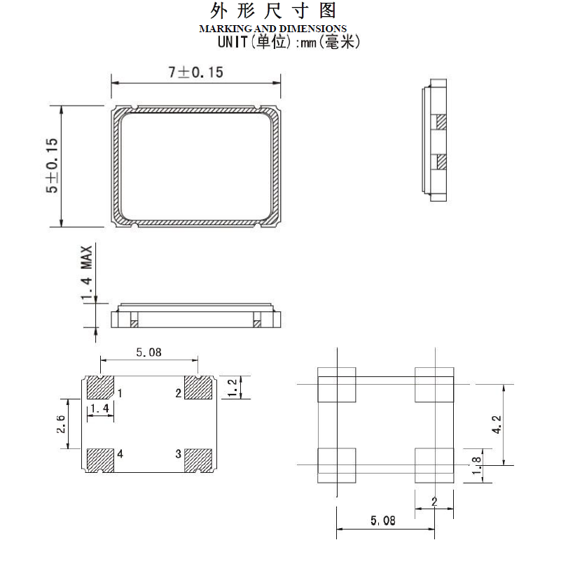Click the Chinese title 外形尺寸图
coord(274,10)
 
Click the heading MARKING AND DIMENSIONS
coord(272,29)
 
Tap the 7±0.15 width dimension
coord(195,72)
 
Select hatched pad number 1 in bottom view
coord(99,388)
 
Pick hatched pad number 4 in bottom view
coord(99,460)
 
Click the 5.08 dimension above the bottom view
coord(148,353)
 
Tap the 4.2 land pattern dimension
coord(496,424)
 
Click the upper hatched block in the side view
coord(441,122)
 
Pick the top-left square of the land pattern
coord(338,385)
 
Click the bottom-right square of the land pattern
coord(434,465)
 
